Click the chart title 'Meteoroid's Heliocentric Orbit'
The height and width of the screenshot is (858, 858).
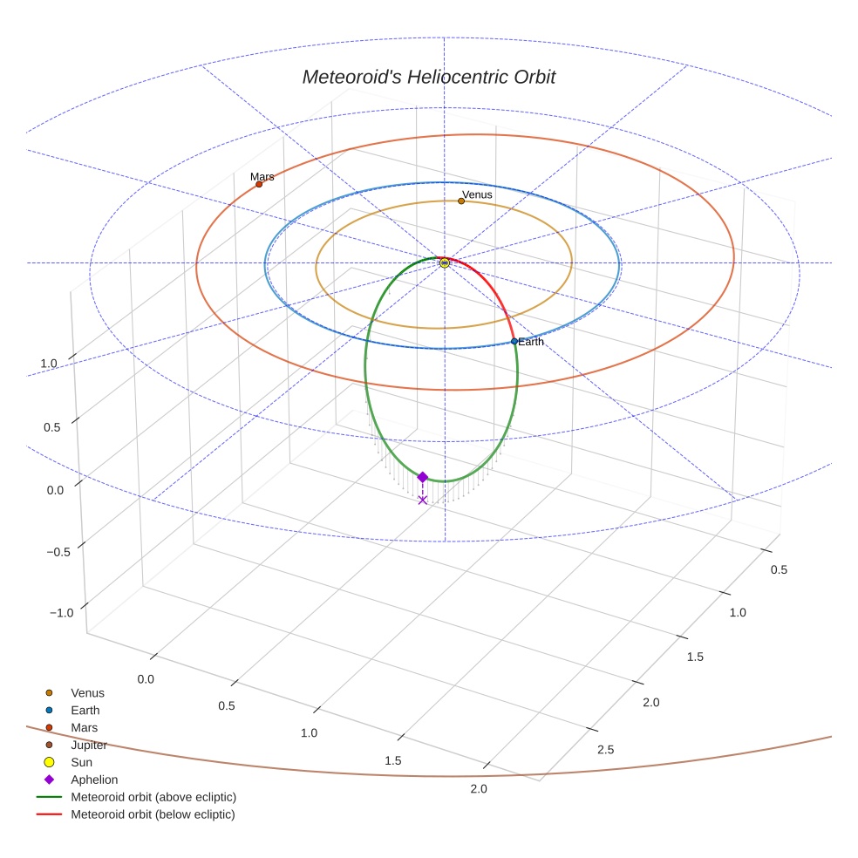(x=428, y=78)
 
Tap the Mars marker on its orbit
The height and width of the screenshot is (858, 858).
(x=259, y=184)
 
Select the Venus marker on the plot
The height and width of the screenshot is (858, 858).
(x=461, y=201)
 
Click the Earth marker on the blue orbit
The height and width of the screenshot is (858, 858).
(x=514, y=342)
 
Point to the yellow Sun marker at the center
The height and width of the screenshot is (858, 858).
(x=445, y=262)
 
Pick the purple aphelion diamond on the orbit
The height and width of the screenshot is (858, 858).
(x=423, y=477)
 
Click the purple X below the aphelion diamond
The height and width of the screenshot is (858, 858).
(x=423, y=500)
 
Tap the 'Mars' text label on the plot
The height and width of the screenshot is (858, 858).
(x=262, y=176)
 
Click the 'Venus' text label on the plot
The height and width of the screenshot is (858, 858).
(x=477, y=194)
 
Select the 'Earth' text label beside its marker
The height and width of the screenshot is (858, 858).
(x=531, y=342)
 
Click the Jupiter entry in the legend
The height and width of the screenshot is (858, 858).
(x=88, y=746)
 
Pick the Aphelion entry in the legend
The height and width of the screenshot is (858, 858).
(x=93, y=780)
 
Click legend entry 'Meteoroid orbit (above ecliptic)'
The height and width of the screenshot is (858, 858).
(x=153, y=797)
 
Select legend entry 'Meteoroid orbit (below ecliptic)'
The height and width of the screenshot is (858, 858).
(x=153, y=814)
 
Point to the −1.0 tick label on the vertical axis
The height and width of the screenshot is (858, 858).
(x=62, y=613)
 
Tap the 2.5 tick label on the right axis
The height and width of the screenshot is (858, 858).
(x=603, y=750)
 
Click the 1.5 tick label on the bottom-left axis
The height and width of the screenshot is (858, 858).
(x=393, y=761)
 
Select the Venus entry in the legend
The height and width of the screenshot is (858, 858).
(x=87, y=693)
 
